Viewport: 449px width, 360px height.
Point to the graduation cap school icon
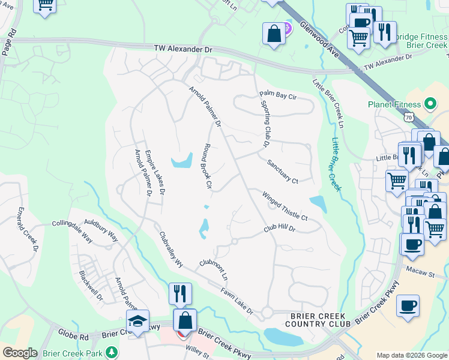pos(137,321)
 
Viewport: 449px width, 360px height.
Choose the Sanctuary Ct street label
pos(282,171)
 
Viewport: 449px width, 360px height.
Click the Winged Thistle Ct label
pos(285,205)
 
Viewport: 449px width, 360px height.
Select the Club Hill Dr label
pos(280,229)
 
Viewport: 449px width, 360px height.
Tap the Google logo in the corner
pos(19,353)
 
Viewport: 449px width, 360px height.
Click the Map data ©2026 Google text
pos(411,355)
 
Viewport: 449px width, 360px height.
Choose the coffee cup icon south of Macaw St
pos(408,305)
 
